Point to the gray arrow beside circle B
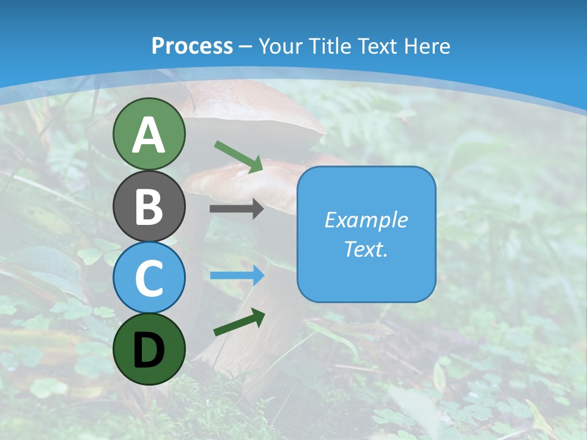click(237, 209)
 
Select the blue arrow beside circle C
click(237, 276)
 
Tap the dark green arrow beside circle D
click(239, 322)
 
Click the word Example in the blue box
click(366, 220)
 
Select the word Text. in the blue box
click(366, 249)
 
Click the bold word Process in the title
click(192, 46)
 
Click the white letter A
click(149, 135)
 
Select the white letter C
click(149, 279)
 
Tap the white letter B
click(149, 207)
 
